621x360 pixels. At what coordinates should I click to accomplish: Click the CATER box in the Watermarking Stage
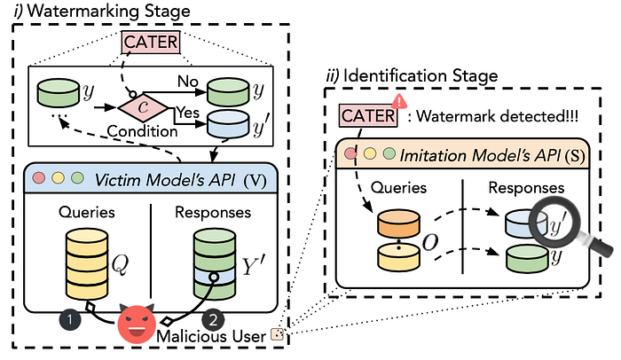click(151, 42)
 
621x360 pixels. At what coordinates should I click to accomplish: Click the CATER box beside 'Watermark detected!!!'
click(368, 115)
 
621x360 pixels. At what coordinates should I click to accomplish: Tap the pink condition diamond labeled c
click(144, 107)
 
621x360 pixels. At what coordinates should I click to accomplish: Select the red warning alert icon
click(399, 101)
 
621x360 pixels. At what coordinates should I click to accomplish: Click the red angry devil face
click(137, 323)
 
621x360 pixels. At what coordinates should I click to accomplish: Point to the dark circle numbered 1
click(70, 319)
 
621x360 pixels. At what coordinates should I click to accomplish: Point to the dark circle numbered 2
click(213, 319)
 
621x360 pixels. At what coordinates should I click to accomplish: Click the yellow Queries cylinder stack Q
click(87, 263)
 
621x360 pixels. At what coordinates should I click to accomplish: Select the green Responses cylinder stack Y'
click(215, 263)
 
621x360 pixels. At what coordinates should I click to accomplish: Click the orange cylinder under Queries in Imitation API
click(398, 223)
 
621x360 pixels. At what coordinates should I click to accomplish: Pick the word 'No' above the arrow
click(187, 82)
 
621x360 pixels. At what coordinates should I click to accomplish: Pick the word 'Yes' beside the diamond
click(187, 113)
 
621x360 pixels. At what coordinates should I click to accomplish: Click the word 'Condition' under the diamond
click(142, 131)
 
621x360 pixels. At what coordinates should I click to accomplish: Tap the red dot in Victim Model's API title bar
click(39, 178)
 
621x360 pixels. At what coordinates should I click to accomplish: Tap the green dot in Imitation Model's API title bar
click(389, 153)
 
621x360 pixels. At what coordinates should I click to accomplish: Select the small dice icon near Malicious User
click(277, 334)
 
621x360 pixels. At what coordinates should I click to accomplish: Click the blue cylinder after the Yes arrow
click(228, 124)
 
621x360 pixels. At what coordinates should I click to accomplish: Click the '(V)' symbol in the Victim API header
click(255, 181)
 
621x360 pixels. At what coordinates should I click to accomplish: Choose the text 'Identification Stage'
click(421, 75)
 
